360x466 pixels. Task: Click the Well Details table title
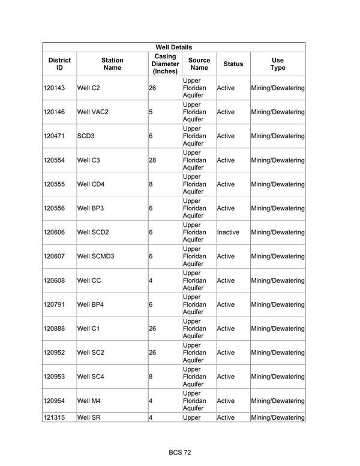coord(173,47)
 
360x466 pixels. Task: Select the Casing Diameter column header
coord(165,64)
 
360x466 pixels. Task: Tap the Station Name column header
coord(112,64)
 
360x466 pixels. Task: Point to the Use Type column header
coord(277,64)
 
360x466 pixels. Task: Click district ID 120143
coord(54,88)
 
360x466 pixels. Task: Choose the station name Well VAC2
coord(93,112)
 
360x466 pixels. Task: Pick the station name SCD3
coord(86,136)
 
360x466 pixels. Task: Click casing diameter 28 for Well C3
coord(152,160)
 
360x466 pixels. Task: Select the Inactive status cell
coord(228,232)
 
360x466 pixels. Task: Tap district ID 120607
coord(54,256)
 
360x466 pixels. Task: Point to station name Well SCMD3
coord(96,256)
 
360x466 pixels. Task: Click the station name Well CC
coord(89,280)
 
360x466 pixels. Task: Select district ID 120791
coord(54,304)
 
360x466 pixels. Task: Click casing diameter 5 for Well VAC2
coord(151,112)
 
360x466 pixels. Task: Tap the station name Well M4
coord(89,401)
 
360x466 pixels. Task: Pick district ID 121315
coord(54,417)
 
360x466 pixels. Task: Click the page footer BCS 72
coord(179,452)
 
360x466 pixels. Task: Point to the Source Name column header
coord(199,64)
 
